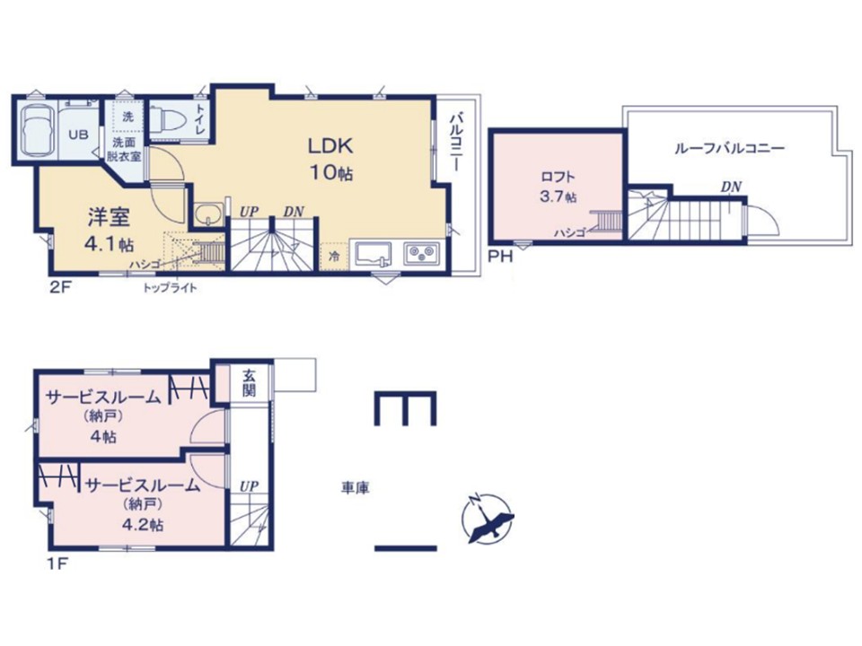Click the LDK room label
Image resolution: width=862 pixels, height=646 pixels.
tap(330, 145)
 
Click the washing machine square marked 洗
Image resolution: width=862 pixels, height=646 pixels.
tap(128, 117)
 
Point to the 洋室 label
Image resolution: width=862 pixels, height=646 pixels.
tap(109, 218)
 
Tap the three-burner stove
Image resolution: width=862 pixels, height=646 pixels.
tap(422, 254)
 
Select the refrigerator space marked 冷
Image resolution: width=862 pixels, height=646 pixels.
tap(334, 256)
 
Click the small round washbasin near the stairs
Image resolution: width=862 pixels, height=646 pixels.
tap(208, 214)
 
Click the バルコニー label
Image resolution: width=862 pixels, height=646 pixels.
tap(455, 142)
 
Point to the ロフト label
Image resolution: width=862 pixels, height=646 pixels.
tap(558, 177)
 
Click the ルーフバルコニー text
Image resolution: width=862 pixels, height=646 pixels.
tap(729, 148)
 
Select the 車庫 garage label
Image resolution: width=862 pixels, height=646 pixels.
tap(356, 488)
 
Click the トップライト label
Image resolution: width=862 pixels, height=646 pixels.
tap(170, 288)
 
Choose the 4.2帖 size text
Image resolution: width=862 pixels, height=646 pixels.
tap(143, 525)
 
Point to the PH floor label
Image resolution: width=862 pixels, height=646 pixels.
tap(500, 256)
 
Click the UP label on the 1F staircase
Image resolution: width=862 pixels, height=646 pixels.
tap(249, 486)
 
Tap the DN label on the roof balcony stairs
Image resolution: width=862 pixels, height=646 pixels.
tap(731, 188)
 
